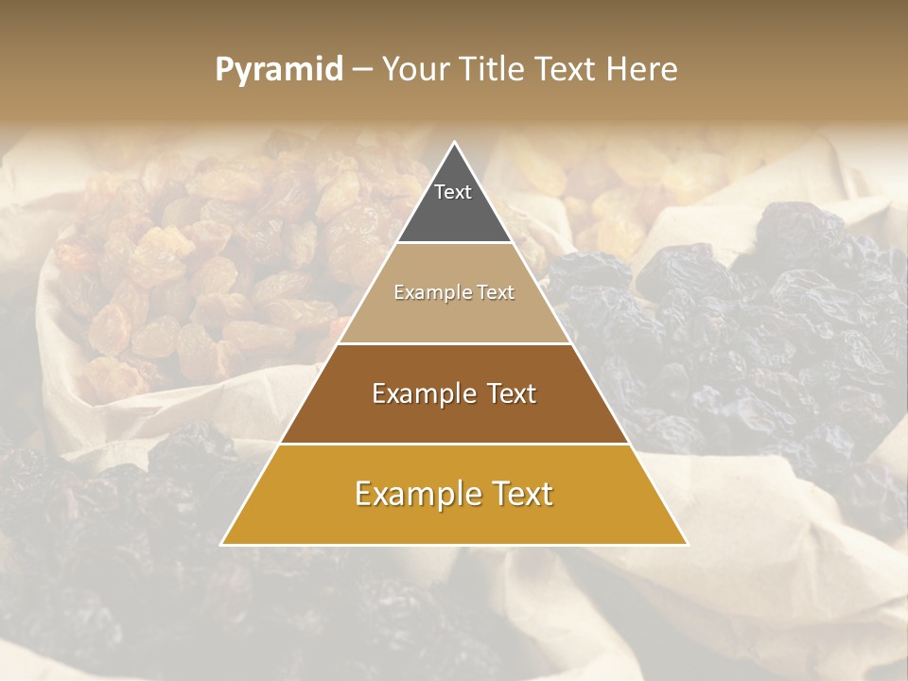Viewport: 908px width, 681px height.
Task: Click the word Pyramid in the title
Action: tap(279, 70)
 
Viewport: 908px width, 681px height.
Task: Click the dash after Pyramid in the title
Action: tap(362, 71)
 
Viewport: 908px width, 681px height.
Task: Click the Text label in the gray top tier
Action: tap(453, 192)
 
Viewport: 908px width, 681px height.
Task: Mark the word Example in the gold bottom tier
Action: tap(417, 494)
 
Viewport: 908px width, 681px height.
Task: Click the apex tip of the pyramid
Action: tap(454, 144)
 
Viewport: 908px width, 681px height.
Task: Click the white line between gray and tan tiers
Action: tap(454, 243)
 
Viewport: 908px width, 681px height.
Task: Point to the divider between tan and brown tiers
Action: tap(454, 343)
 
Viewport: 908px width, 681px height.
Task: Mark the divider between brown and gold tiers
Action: tap(454, 444)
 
